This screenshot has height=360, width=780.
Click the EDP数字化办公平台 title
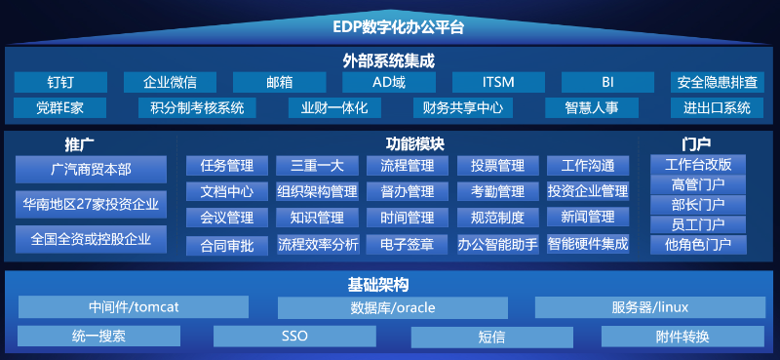pyautogui.click(x=390, y=26)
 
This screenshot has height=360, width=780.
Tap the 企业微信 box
pyautogui.click(x=170, y=82)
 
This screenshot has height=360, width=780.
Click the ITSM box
pyautogui.click(x=498, y=82)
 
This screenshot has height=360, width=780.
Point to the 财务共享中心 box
pyautogui.click(x=457, y=108)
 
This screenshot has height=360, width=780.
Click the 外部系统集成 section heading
pyautogui.click(x=389, y=60)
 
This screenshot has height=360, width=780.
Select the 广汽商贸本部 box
pyautogui.click(x=91, y=171)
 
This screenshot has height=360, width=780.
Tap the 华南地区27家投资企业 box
pyautogui.click(x=91, y=205)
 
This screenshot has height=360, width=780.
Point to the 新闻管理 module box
pyautogui.click(x=588, y=217)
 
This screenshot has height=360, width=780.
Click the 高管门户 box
pyautogui.click(x=698, y=184)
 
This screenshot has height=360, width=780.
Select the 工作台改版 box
pyautogui.click(x=698, y=164)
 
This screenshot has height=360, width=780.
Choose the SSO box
pyautogui.click(x=294, y=337)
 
